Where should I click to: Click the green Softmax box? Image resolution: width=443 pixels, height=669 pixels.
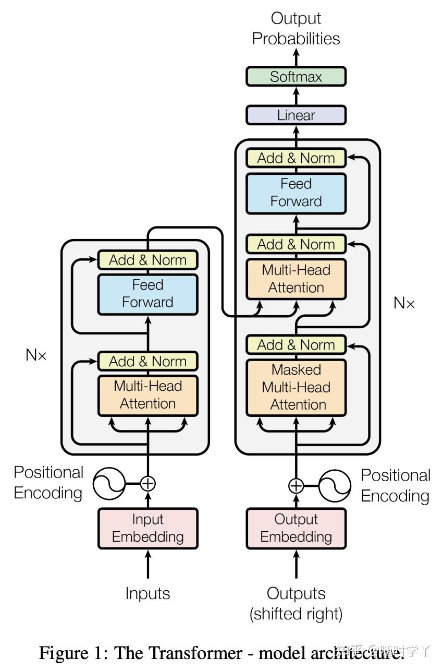tap(296, 77)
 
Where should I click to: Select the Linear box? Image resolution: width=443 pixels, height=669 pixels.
tap(296, 115)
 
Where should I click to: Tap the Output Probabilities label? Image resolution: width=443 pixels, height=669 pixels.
tap(296, 29)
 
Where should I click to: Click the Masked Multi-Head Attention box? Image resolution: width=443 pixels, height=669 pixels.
tap(296, 387)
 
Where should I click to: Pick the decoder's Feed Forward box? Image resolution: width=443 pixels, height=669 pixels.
tap(296, 193)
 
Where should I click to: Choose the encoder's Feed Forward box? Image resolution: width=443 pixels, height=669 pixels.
tap(147, 294)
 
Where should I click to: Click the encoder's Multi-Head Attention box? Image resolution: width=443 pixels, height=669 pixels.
tap(147, 395)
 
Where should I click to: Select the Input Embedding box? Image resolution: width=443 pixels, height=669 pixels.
tap(147, 528)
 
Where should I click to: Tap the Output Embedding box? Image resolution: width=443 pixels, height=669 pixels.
tap(296, 528)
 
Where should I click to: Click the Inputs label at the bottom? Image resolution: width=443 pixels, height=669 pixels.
tap(147, 593)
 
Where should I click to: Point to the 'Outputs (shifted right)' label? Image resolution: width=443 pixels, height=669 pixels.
tap(296, 603)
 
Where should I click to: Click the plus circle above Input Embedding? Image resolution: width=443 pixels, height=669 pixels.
tap(148, 484)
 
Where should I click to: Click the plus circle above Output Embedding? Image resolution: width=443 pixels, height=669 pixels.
tap(296, 486)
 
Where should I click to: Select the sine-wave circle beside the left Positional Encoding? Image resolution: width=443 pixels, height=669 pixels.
tap(109, 484)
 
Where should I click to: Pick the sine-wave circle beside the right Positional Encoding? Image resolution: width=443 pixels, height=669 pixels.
tap(335, 486)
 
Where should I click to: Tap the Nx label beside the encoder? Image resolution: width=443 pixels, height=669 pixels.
tap(36, 355)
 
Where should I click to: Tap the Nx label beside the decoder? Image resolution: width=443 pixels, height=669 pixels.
tap(404, 303)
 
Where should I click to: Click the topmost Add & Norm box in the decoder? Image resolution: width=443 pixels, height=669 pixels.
tap(296, 158)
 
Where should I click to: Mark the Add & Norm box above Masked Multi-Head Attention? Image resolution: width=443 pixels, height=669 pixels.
tap(296, 345)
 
